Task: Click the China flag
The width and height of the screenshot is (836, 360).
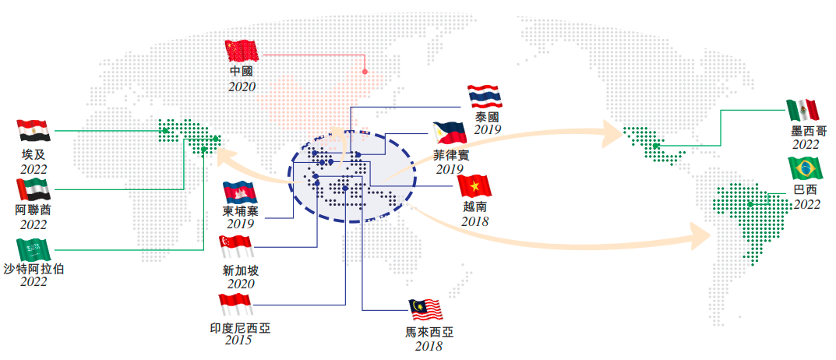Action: pos(242,51)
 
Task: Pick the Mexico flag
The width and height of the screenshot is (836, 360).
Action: pos(802,111)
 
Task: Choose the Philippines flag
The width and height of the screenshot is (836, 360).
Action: pos(450,134)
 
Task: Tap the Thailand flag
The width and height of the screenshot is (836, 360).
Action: pos(485,96)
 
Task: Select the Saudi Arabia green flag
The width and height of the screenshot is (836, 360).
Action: pos(34,249)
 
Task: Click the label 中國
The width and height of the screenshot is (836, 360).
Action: pos(242,72)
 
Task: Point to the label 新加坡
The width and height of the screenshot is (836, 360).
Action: pos(240,270)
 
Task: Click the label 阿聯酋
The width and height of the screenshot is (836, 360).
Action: pos(34,210)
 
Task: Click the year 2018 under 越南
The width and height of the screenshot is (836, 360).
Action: pos(474,221)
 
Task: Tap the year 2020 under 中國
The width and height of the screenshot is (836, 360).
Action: pos(242,86)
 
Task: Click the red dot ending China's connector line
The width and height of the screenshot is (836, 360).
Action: pos(365,72)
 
